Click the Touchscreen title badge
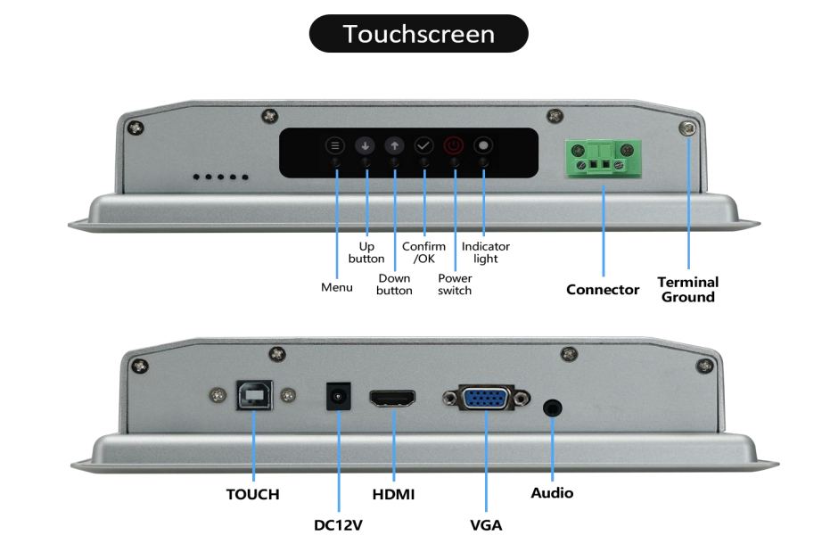(x=418, y=34)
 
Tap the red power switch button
(x=454, y=145)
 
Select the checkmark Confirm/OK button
(x=423, y=145)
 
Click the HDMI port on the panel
(x=393, y=398)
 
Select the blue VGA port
(x=487, y=399)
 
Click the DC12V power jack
(x=338, y=397)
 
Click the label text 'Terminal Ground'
(x=687, y=289)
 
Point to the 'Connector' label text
(x=603, y=290)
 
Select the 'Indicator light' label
(x=486, y=252)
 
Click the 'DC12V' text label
(x=338, y=524)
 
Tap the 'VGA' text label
(x=486, y=524)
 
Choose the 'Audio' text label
(x=552, y=492)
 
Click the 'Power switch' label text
(x=455, y=284)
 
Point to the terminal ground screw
(x=687, y=130)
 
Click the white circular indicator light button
(x=484, y=145)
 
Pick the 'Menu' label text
(x=336, y=287)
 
